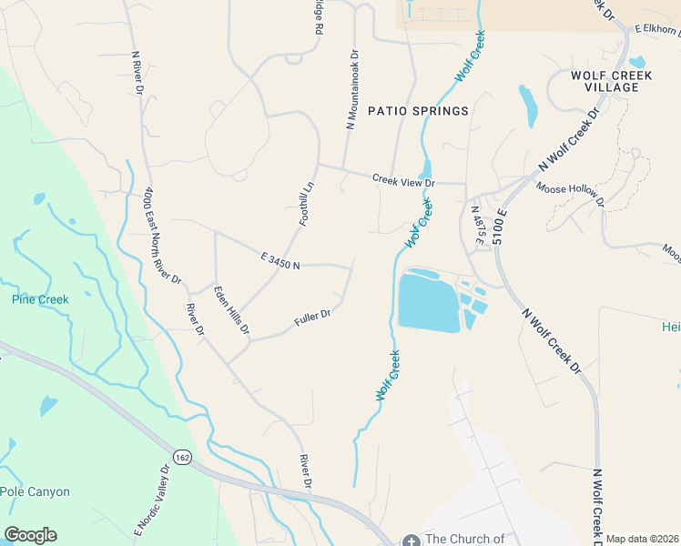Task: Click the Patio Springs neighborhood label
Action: pyautogui.click(x=418, y=111)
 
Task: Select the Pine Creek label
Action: pyautogui.click(x=40, y=299)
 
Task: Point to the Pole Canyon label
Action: pyautogui.click(x=35, y=491)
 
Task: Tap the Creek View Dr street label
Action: pyautogui.click(x=404, y=180)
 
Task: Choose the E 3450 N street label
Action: pyautogui.click(x=280, y=261)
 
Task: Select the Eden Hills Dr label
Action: pyautogui.click(x=231, y=310)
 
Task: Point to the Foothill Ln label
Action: pyautogui.click(x=307, y=205)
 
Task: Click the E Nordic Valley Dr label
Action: pyautogui.click(x=152, y=506)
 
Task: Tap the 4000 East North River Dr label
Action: pyautogui.click(x=162, y=236)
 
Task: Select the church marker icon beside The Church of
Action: pyautogui.click(x=410, y=540)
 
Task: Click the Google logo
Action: pyautogui.click(x=30, y=535)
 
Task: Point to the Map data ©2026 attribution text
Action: pyautogui.click(x=642, y=539)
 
